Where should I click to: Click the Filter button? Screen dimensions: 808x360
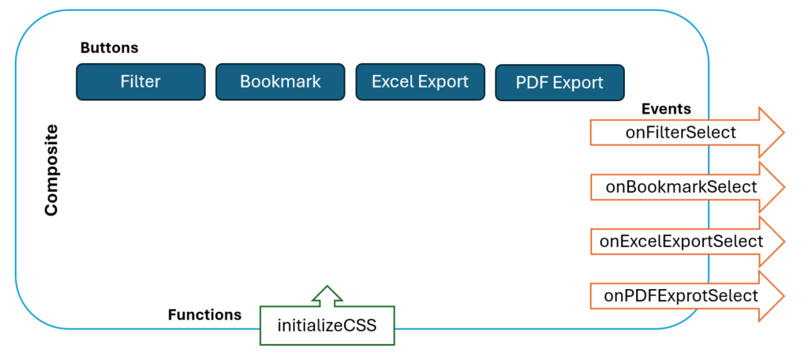(140, 81)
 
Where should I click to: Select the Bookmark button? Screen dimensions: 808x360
(280, 81)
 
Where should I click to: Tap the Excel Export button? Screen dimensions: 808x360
(421, 81)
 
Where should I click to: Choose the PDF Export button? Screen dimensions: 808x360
(559, 83)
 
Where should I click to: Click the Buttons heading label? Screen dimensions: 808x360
(109, 48)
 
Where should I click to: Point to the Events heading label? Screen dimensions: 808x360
(666, 109)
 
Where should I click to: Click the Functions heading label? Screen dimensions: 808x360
(204, 315)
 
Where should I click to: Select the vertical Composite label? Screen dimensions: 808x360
(51, 171)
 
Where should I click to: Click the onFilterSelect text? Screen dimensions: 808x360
(681, 133)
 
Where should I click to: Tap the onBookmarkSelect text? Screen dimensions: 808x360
(681, 186)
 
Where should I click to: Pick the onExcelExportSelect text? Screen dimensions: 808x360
(681, 241)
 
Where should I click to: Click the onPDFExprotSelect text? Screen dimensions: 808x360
(681, 295)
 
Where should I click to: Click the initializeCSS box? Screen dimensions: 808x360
(327, 325)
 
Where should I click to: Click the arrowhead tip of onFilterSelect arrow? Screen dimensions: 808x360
(784, 133)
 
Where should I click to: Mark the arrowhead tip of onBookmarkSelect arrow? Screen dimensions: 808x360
(784, 186)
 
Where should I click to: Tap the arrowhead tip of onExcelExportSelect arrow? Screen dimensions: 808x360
(784, 242)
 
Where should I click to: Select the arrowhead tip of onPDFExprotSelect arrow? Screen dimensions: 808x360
(784, 296)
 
